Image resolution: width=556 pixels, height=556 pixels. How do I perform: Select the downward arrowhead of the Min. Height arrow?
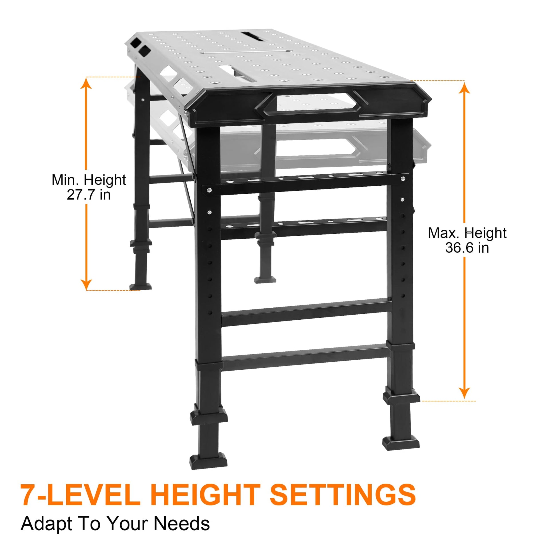click(x=86, y=285)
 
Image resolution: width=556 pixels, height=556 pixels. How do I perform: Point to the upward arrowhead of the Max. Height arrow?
click(x=464, y=87)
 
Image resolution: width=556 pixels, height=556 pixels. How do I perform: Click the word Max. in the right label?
click(x=444, y=233)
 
